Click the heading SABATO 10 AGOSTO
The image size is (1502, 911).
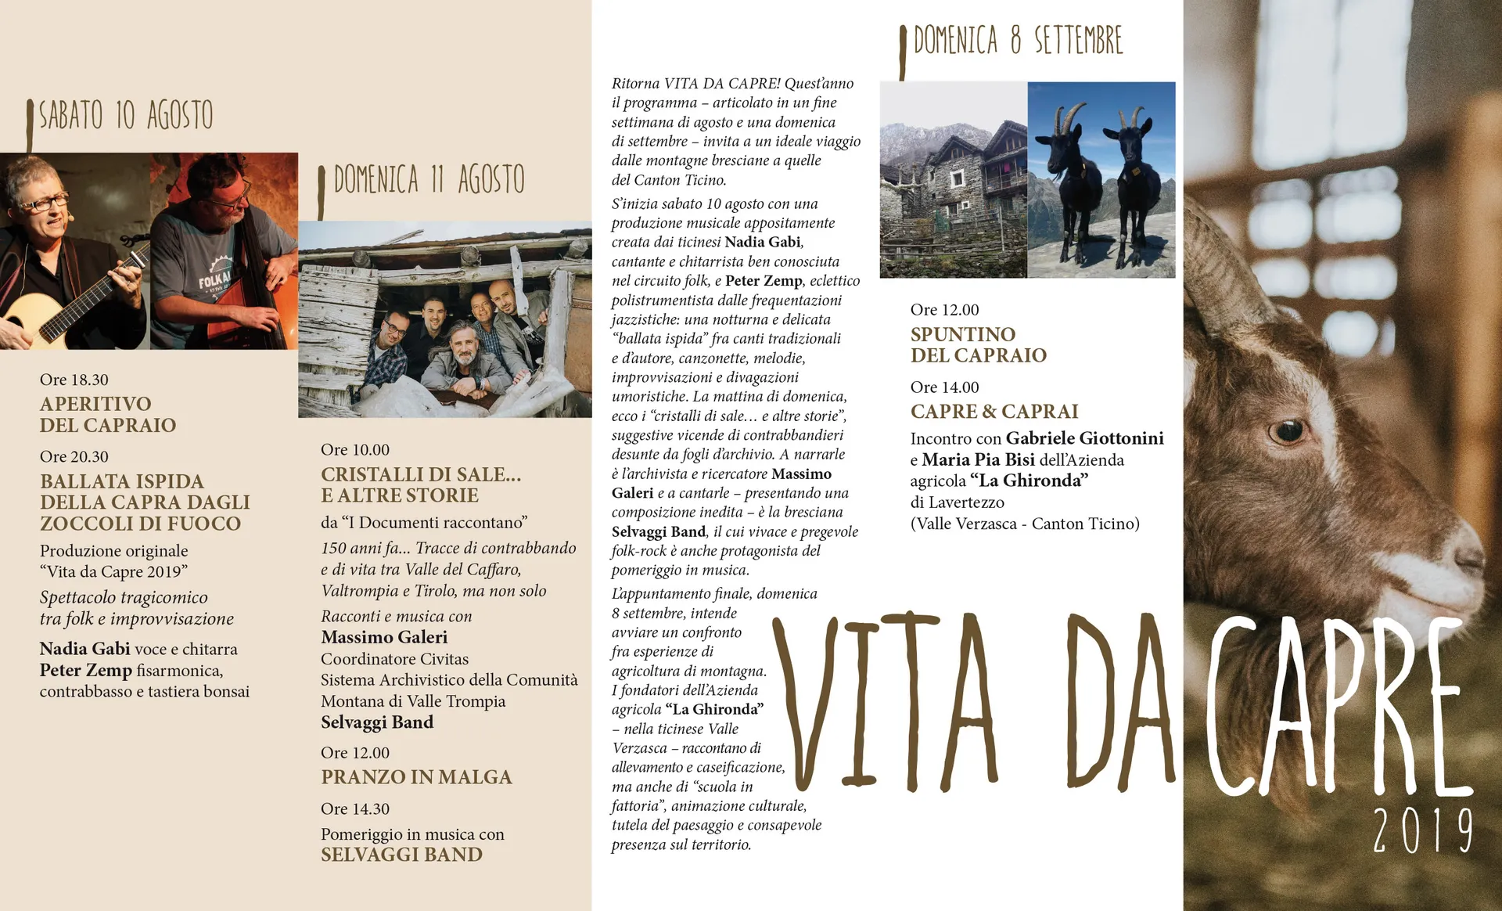[x=125, y=116]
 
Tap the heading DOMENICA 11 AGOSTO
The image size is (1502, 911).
[x=429, y=180]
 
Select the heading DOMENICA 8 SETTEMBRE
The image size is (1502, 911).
[x=1018, y=41]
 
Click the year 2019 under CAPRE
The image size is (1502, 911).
[x=1422, y=831]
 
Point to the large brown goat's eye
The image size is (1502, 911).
[x=1287, y=430]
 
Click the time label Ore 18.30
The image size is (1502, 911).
[x=74, y=380]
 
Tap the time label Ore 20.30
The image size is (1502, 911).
[x=74, y=456]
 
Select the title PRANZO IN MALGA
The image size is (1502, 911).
[x=416, y=777]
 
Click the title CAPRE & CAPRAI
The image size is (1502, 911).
[x=994, y=412]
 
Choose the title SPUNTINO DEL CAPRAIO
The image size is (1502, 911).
[x=978, y=345]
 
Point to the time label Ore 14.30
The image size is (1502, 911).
[x=355, y=808]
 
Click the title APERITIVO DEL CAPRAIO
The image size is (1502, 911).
[x=108, y=415]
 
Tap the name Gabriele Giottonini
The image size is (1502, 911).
[x=1084, y=438]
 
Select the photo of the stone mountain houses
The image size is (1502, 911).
[x=953, y=180]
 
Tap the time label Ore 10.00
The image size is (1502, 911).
[x=355, y=450]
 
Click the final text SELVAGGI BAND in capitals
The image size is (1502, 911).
[x=401, y=855]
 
